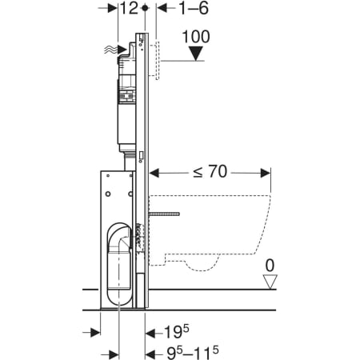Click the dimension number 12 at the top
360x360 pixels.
(130, 8)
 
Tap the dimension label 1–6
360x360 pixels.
(194, 8)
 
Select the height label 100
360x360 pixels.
(196, 37)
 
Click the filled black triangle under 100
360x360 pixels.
(196, 54)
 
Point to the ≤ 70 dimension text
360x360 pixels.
(210, 171)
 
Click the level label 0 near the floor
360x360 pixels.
(270, 266)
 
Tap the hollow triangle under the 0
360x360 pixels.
(270, 282)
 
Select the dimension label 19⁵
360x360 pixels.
(176, 332)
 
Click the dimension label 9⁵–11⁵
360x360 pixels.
(193, 353)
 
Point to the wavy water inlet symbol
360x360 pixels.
(111, 50)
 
